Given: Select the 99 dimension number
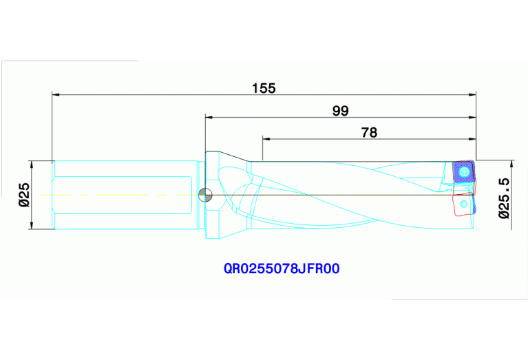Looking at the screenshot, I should click(x=340, y=111).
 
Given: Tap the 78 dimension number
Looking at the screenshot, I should click(x=369, y=133).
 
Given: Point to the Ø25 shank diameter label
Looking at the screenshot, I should click(x=23, y=195).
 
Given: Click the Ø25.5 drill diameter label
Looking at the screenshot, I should click(x=504, y=198).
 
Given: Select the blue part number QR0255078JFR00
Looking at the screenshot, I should click(x=282, y=269).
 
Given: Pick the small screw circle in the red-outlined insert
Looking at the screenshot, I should click(x=468, y=204).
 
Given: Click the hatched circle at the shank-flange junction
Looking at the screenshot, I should click(x=203, y=195).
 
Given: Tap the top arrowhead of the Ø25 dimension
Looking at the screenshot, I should click(x=31, y=165).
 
